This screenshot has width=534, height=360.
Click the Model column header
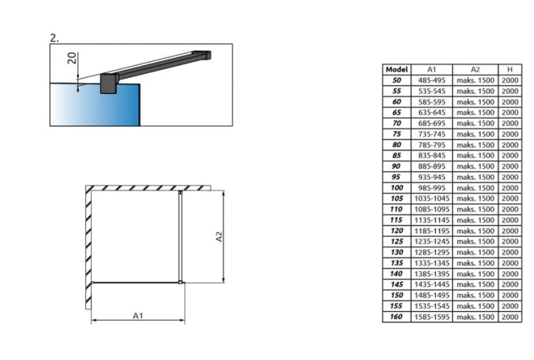[x=397, y=70]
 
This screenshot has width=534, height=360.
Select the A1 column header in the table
[x=431, y=70]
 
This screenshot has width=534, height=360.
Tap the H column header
[x=510, y=70]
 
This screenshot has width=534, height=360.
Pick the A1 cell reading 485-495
[x=431, y=80]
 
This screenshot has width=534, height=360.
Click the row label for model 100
[x=397, y=188]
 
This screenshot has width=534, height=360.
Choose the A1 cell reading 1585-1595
[x=431, y=317]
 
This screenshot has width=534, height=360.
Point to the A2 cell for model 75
[x=475, y=134]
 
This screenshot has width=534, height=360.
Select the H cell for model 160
[x=510, y=317]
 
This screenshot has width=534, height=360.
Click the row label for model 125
[x=397, y=242]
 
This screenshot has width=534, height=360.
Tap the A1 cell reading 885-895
[x=431, y=166]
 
